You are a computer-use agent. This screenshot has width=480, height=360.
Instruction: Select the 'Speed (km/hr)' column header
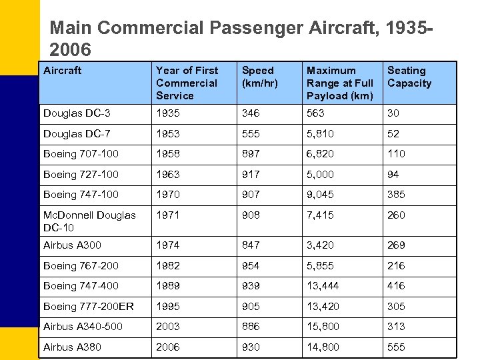click(x=257, y=77)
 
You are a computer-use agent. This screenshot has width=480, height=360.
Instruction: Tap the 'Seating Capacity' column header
click(x=409, y=77)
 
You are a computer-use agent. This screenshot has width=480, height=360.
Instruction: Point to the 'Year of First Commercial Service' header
click(x=187, y=83)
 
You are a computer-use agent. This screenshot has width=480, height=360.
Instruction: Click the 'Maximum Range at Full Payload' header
click(x=339, y=83)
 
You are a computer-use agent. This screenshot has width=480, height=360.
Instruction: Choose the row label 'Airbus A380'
click(x=73, y=347)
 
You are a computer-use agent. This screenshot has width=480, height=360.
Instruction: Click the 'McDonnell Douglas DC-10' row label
click(x=89, y=221)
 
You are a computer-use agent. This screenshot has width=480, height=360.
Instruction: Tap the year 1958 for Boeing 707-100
click(x=167, y=154)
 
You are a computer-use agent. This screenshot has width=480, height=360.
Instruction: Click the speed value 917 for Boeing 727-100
click(x=251, y=174)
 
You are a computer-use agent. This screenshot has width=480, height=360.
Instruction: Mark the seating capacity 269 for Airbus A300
click(x=396, y=245)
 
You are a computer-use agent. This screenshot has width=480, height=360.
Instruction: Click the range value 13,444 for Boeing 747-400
click(x=323, y=286)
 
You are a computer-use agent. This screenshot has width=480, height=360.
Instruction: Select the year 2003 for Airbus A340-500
click(x=168, y=327)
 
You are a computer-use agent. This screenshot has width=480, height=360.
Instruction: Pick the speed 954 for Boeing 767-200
click(x=251, y=265)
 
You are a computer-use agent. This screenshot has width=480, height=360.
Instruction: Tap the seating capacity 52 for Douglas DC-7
click(x=393, y=133)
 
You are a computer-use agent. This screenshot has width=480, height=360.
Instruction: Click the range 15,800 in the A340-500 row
click(x=323, y=327)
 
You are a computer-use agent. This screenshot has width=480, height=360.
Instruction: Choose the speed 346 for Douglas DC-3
click(x=251, y=113)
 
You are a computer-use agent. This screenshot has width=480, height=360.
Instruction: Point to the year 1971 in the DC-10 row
click(x=167, y=215)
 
